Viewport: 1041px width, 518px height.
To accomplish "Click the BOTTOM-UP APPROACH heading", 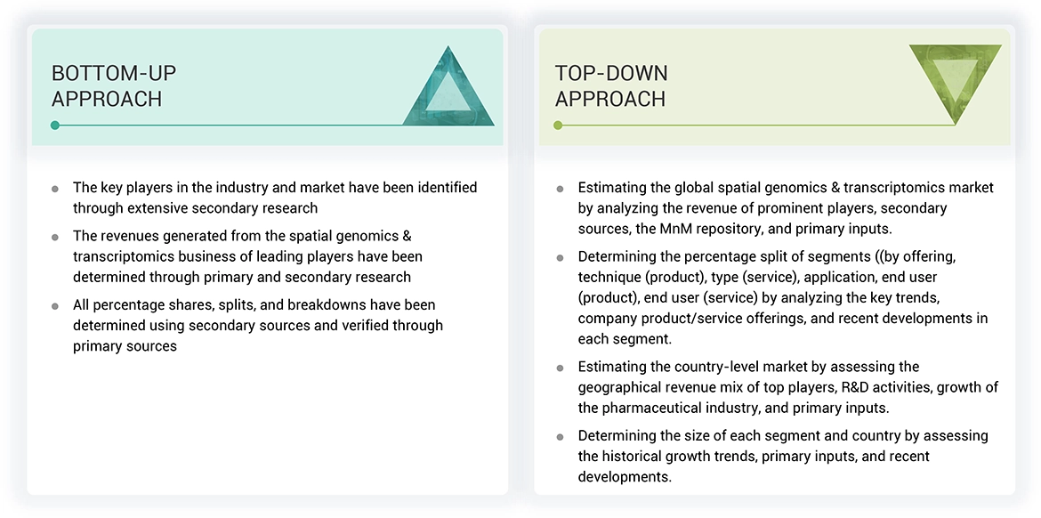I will [107, 85].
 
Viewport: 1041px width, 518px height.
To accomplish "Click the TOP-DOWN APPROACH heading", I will [611, 85].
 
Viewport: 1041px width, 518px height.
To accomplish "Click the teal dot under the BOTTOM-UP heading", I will [55, 125].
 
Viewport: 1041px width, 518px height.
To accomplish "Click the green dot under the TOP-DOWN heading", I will [558, 125].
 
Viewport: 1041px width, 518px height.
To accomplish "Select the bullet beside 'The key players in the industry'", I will [55, 189].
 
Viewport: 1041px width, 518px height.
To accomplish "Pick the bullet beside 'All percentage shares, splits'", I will [55, 306].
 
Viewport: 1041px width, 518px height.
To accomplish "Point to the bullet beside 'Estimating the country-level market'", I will [560, 368].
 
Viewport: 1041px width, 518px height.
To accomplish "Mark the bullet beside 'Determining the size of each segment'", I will [560, 437].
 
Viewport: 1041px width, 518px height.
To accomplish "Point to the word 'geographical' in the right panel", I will [619, 387].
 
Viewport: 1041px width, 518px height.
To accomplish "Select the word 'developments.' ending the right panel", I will [625, 477].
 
